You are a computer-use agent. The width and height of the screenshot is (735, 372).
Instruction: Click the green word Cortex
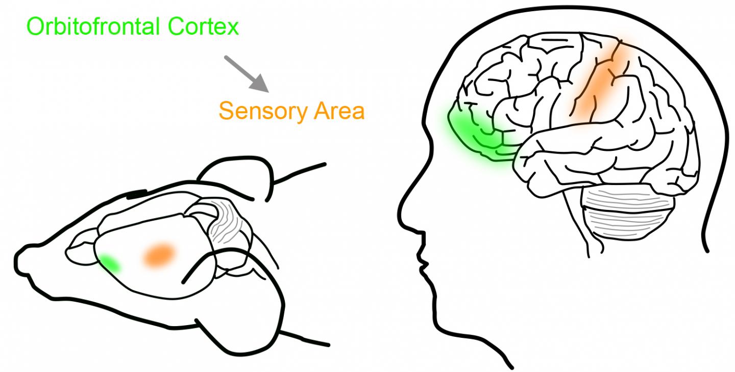(203, 26)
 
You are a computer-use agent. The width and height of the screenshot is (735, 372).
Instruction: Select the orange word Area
(337, 111)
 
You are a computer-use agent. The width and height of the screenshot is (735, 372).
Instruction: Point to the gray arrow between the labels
(246, 73)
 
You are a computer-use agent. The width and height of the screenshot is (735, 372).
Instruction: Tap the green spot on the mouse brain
(110, 263)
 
